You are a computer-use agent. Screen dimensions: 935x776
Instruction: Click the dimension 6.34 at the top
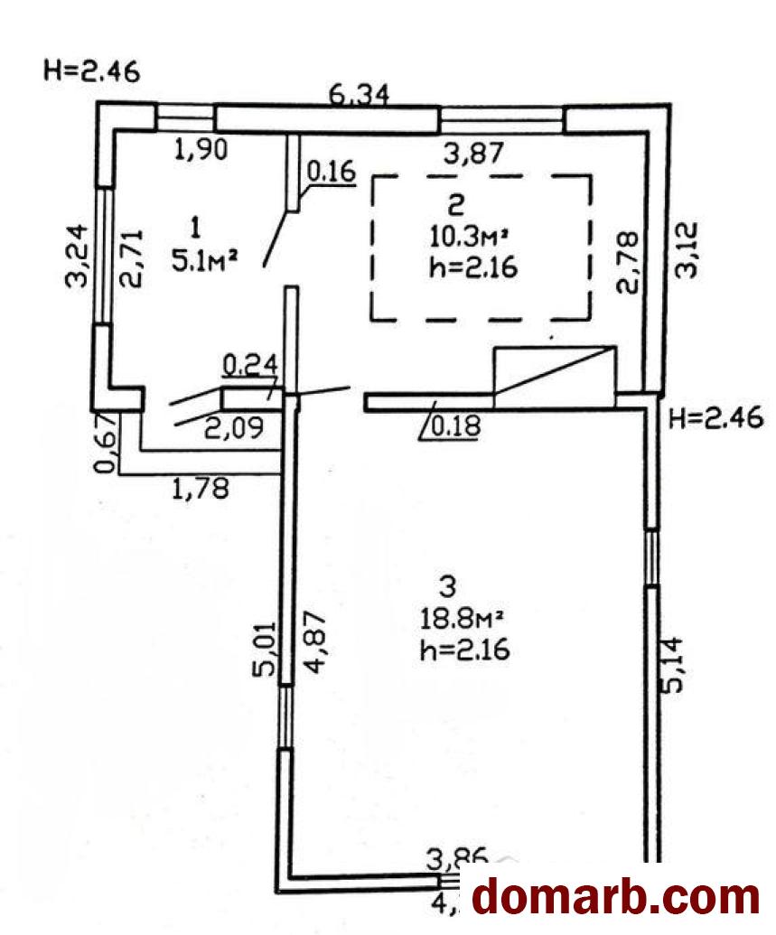pos(359,94)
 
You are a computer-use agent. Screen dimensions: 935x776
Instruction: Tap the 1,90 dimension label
pos(200,149)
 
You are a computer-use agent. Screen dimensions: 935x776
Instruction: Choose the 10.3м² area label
pos(467,238)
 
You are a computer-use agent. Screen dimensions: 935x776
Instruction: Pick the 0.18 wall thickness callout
pos(452,428)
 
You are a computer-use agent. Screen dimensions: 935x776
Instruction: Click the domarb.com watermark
pos(617,897)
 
